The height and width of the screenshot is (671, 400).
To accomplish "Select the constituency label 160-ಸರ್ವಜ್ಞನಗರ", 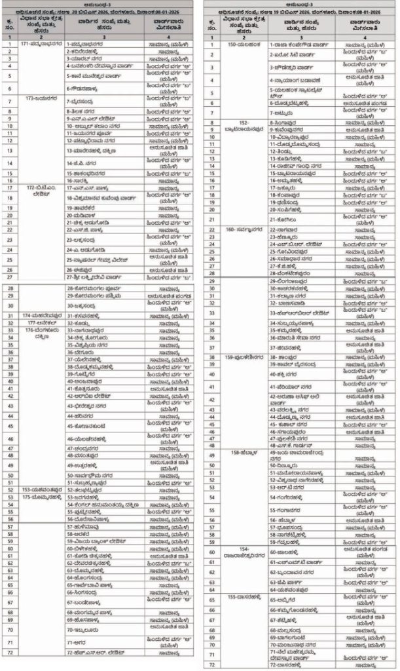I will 240,230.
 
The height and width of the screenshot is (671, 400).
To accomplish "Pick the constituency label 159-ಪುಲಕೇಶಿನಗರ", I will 240,356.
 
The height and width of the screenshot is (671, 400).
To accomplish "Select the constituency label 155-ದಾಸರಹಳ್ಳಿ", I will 240,598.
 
